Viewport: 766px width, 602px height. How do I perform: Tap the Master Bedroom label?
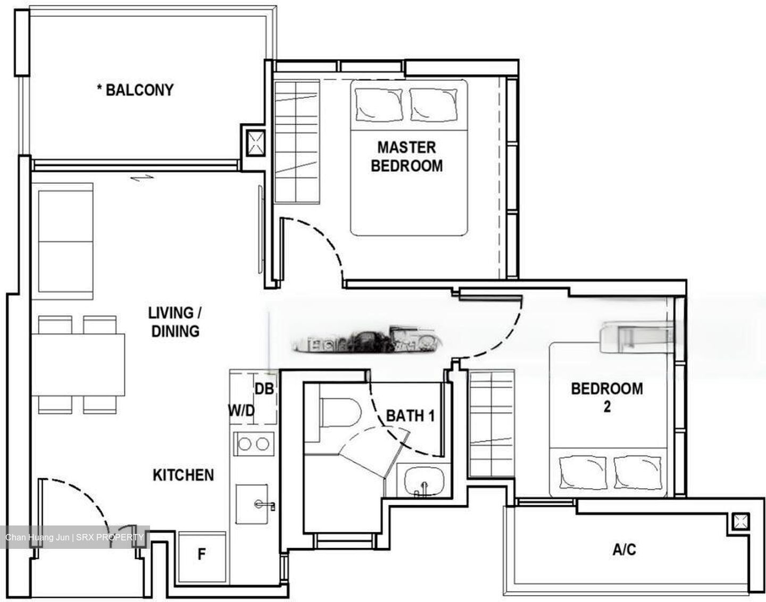pos(406,156)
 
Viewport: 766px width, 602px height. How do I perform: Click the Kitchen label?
pos(183,475)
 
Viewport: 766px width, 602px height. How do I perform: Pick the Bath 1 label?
pos(410,416)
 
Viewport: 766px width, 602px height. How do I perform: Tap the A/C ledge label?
pos(624,549)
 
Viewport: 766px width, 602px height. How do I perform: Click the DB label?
pos(264,389)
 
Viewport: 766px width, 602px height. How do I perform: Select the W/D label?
pos(242,411)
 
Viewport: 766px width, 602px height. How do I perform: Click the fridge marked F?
pos(201,555)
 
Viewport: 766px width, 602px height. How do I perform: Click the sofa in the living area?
pos(65,238)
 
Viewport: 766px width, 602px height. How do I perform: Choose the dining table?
pos(78,364)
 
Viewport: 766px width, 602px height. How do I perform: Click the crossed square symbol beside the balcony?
pos(255,143)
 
